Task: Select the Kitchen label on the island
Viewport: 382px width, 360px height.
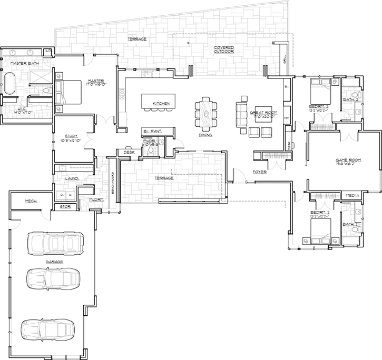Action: tap(161, 104)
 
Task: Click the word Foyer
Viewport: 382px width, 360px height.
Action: tap(259, 172)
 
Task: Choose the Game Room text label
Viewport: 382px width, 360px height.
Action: tap(348, 161)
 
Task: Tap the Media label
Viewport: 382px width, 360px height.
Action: tap(352, 195)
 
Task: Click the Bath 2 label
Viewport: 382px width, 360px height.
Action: tap(350, 224)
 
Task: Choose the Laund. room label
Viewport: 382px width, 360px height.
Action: tap(72, 179)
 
